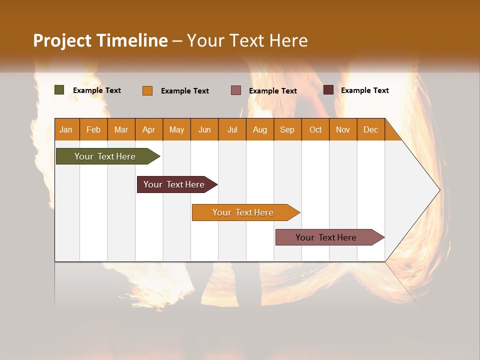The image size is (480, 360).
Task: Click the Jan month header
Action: [66, 129]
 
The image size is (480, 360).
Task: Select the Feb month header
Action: [93, 129]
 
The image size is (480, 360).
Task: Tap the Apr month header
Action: [148, 129]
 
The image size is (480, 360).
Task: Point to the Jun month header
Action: [204, 129]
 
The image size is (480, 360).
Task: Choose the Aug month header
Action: [259, 129]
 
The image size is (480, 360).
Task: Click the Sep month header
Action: [287, 129]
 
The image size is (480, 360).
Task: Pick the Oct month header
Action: [315, 129]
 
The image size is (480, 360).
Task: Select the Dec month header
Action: [370, 129]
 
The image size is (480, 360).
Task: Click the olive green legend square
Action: [59, 90]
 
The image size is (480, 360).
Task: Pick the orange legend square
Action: [147, 90]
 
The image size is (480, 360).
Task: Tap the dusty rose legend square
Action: [236, 90]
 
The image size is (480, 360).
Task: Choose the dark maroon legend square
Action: [328, 90]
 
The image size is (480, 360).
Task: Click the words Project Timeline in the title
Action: [100, 40]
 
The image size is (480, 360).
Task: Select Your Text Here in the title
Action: [247, 40]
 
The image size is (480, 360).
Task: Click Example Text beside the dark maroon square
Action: [364, 90]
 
